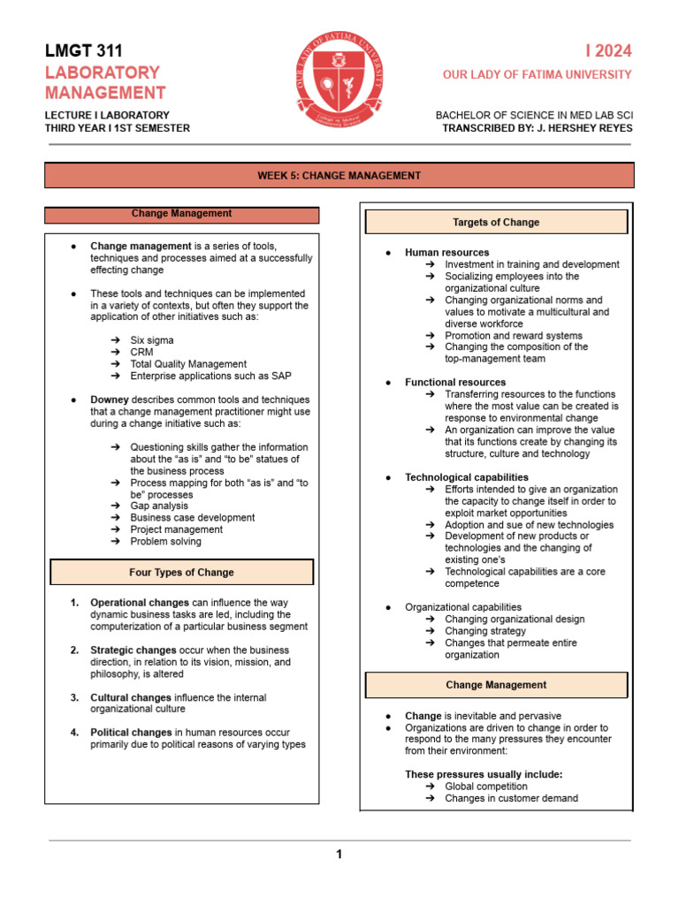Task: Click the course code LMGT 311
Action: tap(84, 51)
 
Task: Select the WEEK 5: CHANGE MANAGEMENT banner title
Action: tap(339, 176)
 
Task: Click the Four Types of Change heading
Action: tap(181, 573)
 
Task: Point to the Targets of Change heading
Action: tap(495, 223)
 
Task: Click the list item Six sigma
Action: tap(152, 340)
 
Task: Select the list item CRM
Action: tap(141, 353)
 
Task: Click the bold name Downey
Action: tap(110, 400)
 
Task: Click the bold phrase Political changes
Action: tap(131, 733)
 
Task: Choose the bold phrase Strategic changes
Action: tap(134, 650)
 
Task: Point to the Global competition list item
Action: tap(485, 787)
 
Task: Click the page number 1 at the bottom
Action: tap(338, 854)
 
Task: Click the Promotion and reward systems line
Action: tap(514, 336)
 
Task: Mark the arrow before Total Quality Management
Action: tap(116, 364)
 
